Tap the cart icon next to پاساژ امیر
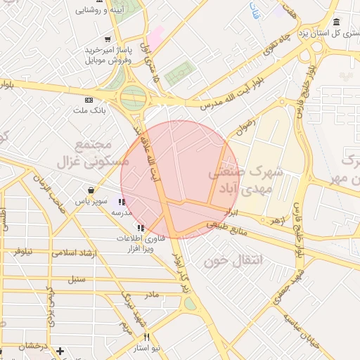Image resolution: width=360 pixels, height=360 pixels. point(107,39)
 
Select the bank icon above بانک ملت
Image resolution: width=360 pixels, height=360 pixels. point(89,100)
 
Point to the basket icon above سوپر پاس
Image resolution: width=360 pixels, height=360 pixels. point(91,190)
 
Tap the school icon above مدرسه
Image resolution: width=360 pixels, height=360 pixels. point(123,202)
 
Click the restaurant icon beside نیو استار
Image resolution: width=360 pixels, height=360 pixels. point(146,337)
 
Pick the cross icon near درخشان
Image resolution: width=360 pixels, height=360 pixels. point(60,350)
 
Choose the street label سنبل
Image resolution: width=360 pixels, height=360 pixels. point(75,279)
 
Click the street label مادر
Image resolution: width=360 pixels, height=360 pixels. point(151,296)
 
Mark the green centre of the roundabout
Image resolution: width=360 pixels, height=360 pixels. point(132,98)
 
